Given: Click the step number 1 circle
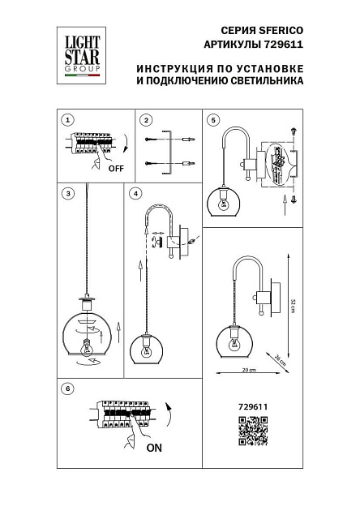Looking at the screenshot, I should pos(69,119).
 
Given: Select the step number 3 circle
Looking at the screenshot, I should pos(69,193).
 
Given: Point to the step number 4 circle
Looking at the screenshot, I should pos(135,193).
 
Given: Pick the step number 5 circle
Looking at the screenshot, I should pos(213,119).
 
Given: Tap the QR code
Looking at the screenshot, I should pos(252,431).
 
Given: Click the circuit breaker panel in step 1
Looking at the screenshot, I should pos(92,144).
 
